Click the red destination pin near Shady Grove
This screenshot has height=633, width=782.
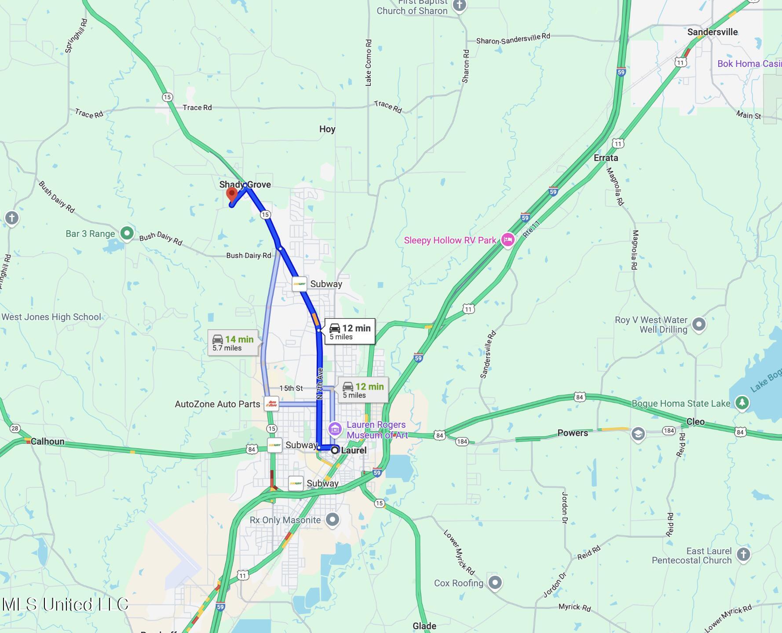(x=232, y=195)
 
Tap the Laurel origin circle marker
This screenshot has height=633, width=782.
(x=335, y=450)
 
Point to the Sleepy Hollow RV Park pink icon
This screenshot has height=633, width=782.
(x=508, y=240)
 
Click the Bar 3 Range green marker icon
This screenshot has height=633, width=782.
(x=127, y=233)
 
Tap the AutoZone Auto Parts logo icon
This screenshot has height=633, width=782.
(x=271, y=404)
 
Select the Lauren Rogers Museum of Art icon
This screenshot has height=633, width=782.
(x=335, y=429)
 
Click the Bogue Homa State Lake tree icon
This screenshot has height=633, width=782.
(x=742, y=403)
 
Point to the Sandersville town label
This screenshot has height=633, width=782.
(x=713, y=32)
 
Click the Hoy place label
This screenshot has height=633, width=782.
(x=327, y=129)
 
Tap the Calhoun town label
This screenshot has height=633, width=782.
(x=48, y=442)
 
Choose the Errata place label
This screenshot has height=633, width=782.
(x=606, y=158)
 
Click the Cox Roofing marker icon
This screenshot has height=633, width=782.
(x=495, y=583)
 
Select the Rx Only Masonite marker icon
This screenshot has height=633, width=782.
(x=333, y=520)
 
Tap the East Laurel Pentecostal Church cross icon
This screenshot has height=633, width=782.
(x=743, y=555)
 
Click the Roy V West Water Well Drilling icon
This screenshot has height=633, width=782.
(x=699, y=325)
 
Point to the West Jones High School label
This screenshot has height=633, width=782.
(x=51, y=317)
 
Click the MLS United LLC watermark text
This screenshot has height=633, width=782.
(x=65, y=604)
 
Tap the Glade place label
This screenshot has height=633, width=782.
(x=424, y=626)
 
